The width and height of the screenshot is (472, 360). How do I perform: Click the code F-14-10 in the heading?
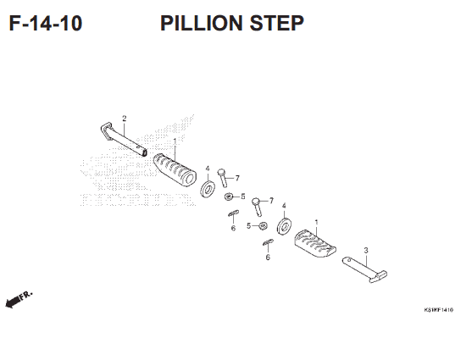coord(46,23)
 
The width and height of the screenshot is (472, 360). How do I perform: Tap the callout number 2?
coord(124,118)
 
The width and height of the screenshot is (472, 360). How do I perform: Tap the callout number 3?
coord(365,250)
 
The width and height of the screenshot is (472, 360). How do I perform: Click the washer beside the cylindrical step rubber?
coord(207,187)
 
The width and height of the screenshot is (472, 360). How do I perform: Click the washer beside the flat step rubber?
coord(284,226)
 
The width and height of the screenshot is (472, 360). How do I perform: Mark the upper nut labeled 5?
coord(230,198)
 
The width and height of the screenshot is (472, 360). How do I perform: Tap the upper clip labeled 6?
coord(232,213)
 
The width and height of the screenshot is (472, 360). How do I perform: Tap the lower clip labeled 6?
coord(266,244)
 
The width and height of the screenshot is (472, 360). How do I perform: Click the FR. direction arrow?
coord(18,300)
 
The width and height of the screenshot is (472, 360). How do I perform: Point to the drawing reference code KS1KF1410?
coord(438,310)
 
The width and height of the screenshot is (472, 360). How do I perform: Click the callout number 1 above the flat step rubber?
coord(316,223)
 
